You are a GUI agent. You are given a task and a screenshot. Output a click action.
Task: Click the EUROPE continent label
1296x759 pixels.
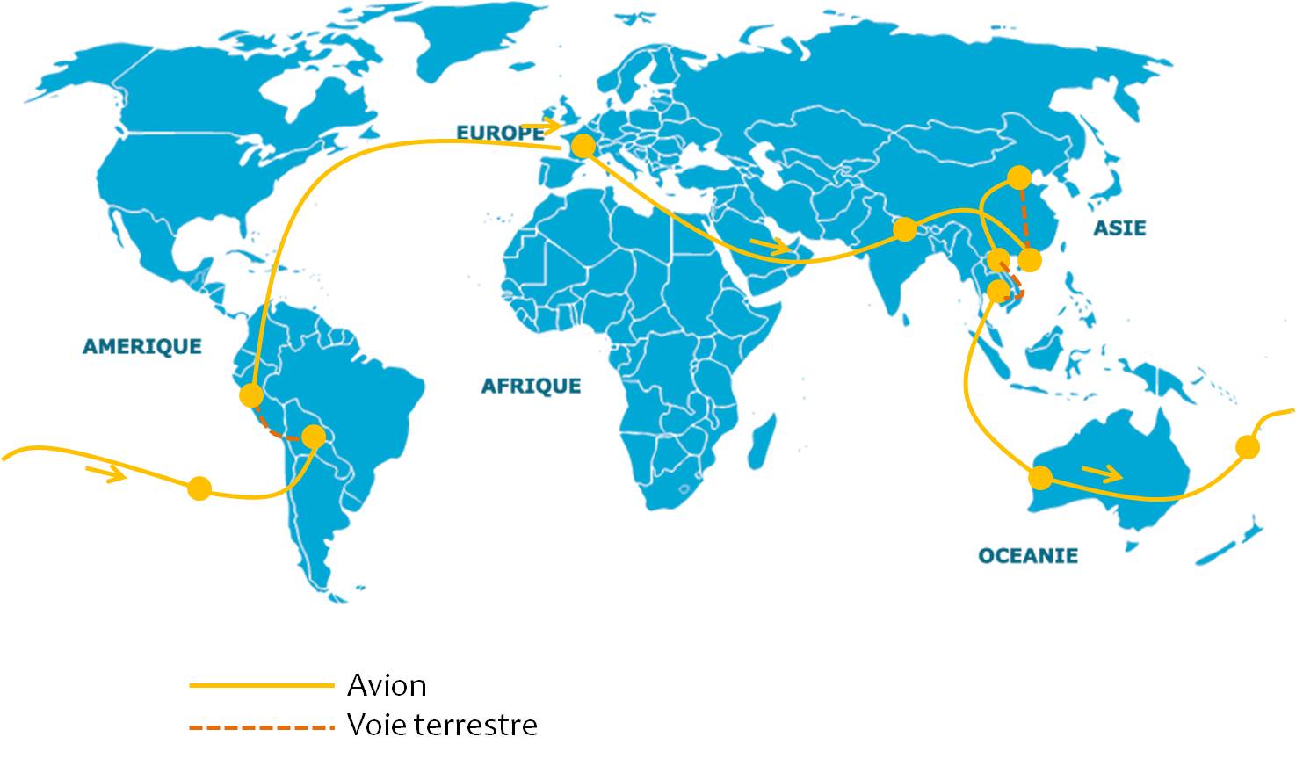pos(500,133)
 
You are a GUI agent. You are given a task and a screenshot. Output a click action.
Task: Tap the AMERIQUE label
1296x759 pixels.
pos(141,346)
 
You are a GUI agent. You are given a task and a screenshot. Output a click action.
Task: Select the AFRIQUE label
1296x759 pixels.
pos(531,386)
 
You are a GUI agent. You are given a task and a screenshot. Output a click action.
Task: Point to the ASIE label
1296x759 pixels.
pos(1119,228)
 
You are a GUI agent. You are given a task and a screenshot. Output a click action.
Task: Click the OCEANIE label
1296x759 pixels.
pos(1028,555)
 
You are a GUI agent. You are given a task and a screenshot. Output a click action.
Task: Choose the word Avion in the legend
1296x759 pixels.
pos(387,685)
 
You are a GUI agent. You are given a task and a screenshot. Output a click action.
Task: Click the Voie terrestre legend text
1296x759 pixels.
pos(442,726)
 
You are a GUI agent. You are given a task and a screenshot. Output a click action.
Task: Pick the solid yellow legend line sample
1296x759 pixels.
pos(262,685)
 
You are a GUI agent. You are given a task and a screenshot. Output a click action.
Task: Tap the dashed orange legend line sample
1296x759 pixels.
pos(262,727)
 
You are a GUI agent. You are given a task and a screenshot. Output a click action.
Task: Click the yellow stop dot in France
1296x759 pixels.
pos(583,147)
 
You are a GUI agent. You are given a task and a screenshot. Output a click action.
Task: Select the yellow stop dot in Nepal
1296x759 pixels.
pos(904,230)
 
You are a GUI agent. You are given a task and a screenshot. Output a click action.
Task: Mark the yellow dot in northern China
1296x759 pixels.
pos(1019,178)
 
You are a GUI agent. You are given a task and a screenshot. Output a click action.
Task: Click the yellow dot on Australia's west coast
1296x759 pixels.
pos(1040,478)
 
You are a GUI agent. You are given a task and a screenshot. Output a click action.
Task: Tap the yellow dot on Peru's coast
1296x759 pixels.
pos(251,395)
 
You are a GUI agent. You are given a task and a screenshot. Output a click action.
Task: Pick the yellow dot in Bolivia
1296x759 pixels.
pos(314,436)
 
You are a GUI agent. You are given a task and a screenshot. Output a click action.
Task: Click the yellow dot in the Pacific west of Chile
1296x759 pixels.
pos(199,488)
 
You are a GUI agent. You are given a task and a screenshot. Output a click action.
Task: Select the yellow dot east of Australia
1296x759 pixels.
pos(1247,447)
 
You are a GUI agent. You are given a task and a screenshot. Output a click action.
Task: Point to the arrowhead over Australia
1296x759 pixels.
pos(1113,474)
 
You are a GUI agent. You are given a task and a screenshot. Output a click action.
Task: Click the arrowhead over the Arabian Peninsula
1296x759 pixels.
pos(779,249)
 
